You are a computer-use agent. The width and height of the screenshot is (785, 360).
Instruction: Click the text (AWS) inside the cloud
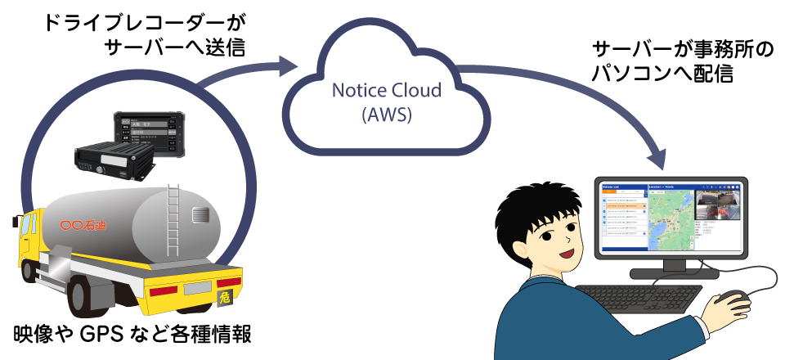(386, 115)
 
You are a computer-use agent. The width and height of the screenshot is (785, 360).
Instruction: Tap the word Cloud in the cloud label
(418, 90)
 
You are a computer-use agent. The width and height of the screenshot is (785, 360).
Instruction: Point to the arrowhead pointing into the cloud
(288, 65)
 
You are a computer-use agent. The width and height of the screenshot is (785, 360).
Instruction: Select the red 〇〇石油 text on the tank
(84, 223)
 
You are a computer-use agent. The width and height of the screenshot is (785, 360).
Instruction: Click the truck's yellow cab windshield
(27, 228)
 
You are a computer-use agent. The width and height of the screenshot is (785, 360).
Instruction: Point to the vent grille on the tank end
(200, 215)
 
